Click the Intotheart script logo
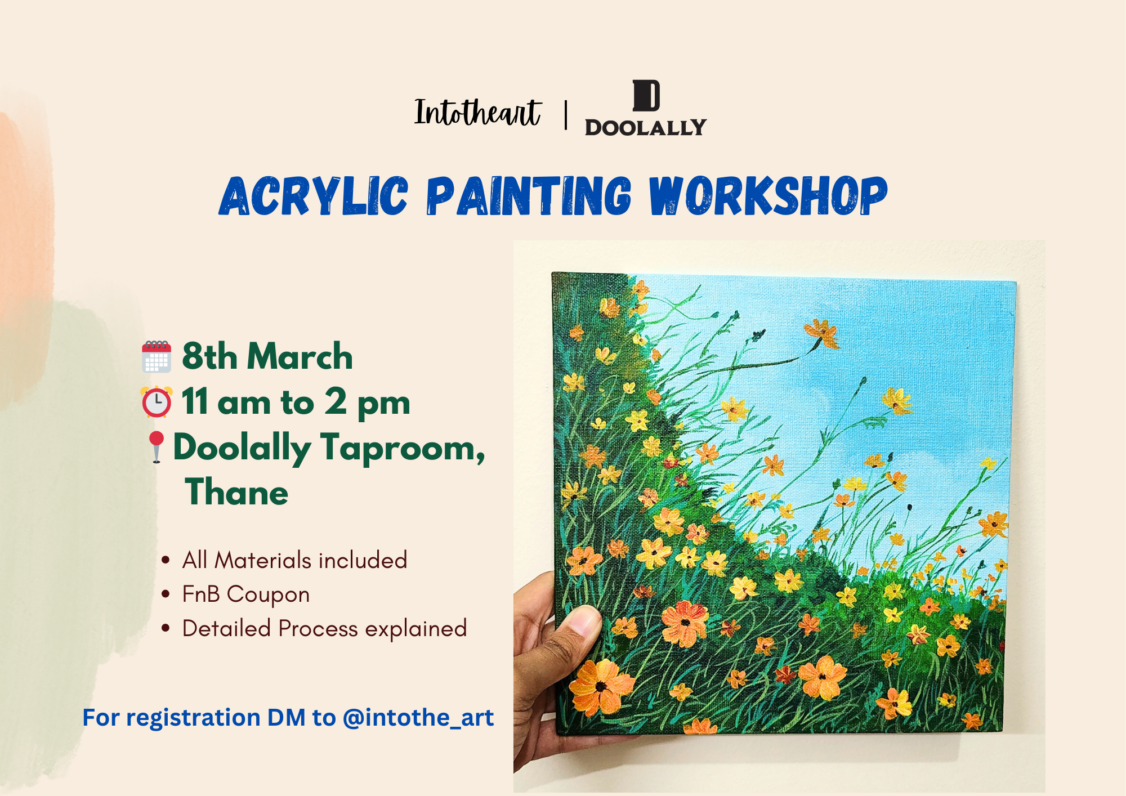tap(477, 112)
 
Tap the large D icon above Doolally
tap(646, 96)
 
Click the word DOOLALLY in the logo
tap(645, 127)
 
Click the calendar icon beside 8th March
tap(157, 356)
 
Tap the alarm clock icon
tap(157, 402)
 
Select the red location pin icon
tap(156, 447)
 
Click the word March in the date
tap(300, 356)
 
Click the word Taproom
tap(403, 449)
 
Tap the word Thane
tap(236, 491)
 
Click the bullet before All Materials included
tap(166, 560)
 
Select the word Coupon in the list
tap(268, 595)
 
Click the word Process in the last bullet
tap(318, 629)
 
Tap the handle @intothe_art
tap(418, 718)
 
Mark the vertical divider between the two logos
tap(566, 115)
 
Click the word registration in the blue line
tap(193, 718)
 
